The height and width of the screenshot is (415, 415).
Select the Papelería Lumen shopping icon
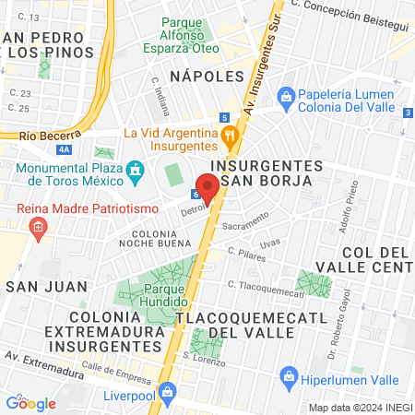[285, 95]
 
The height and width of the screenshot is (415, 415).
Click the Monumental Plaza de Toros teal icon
[135, 170]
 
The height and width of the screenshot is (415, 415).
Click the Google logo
[30, 403]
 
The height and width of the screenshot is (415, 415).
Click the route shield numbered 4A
[63, 148]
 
